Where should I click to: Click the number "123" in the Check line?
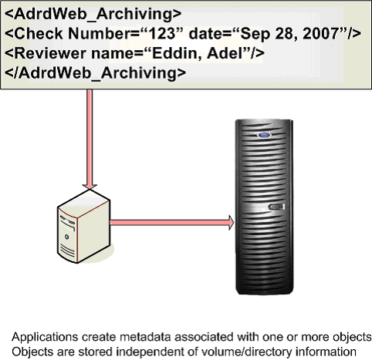162,34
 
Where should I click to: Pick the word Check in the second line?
39,34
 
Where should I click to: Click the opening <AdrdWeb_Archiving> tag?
93,14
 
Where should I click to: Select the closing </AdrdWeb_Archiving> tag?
95,73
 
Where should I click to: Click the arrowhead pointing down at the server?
90,187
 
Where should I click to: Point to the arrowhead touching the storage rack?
231,222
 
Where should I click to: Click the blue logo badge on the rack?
264,135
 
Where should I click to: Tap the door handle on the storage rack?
276,207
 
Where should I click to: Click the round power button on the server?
67,237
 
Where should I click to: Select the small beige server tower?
83,227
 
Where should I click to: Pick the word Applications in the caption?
45,337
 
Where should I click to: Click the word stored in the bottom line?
96,352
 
